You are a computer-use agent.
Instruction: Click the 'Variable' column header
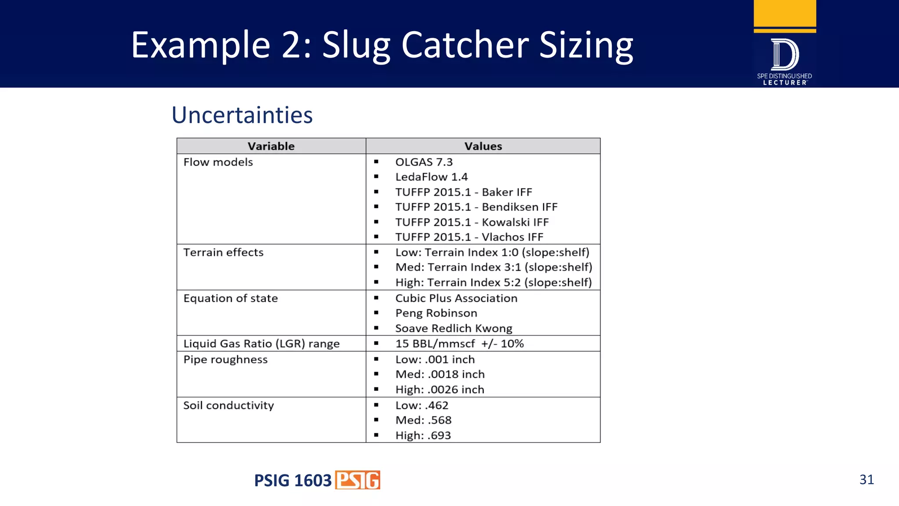[x=271, y=146]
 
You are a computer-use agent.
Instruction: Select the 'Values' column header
[x=483, y=146]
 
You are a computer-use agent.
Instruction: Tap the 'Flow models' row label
[x=218, y=162]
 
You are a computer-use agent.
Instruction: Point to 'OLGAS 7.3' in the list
[x=424, y=162]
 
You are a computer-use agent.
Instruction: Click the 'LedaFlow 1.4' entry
[x=431, y=177]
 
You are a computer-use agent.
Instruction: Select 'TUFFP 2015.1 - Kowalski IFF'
[x=471, y=222]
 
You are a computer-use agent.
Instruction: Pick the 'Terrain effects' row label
[x=223, y=253]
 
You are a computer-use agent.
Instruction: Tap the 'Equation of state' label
[x=230, y=298]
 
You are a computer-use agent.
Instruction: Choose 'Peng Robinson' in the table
[x=436, y=313]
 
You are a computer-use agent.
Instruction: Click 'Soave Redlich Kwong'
[x=453, y=329]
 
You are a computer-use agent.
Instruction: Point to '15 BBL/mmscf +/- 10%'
[x=459, y=343]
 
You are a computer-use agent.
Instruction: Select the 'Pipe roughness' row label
[x=225, y=359]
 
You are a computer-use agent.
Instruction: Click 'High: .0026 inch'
[x=439, y=390]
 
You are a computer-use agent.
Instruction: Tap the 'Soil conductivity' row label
[x=228, y=405]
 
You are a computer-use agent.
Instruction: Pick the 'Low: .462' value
[x=421, y=405]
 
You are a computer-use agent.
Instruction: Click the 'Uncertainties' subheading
[x=242, y=115]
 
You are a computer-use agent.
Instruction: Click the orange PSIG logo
[x=358, y=480]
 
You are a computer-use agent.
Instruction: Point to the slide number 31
[x=867, y=480]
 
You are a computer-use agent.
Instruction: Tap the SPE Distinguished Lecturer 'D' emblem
[x=785, y=55]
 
